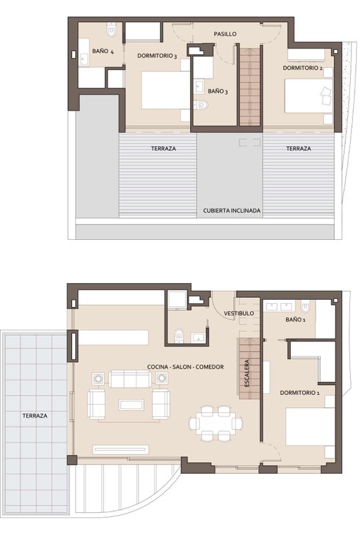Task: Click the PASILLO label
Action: pyautogui.click(x=225, y=34)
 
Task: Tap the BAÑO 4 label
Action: pyautogui.click(x=103, y=51)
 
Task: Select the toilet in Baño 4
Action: pyautogui.click(x=111, y=30)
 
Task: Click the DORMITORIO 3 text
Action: pyautogui.click(x=157, y=56)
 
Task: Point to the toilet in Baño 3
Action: pyautogui.click(x=201, y=105)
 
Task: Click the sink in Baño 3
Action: pyautogui.click(x=199, y=87)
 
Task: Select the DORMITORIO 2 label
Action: pyautogui.click(x=303, y=68)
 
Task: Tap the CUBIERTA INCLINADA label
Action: pyautogui.click(x=232, y=211)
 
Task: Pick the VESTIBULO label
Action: pyautogui.click(x=239, y=313)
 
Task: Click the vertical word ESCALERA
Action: pyautogui.click(x=247, y=373)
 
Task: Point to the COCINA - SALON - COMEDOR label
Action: pyautogui.click(x=185, y=367)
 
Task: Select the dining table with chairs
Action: pyautogui.click(x=216, y=424)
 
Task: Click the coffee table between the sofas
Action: pyautogui.click(x=131, y=405)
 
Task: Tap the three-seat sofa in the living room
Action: pyautogui.click(x=130, y=379)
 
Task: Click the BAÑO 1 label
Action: pyautogui.click(x=295, y=320)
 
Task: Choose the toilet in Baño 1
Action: pyautogui.click(x=305, y=307)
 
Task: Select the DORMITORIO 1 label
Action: pyautogui.click(x=300, y=393)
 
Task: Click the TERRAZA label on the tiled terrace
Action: pyautogui.click(x=35, y=416)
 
